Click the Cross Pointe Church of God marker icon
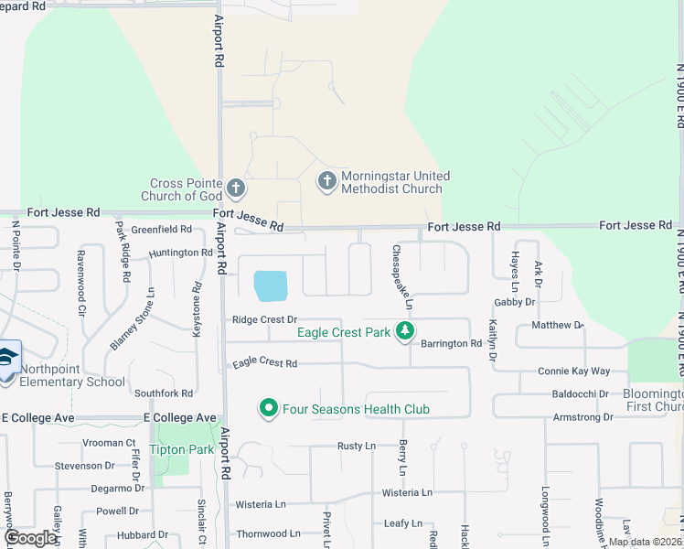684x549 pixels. tap(236, 188)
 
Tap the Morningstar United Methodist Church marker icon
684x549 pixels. tap(326, 181)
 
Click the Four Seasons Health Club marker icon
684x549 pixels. tap(269, 408)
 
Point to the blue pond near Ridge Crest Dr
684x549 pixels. tap(271, 286)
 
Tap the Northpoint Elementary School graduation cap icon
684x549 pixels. tap(8, 358)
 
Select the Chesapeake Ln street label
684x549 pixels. tap(402, 276)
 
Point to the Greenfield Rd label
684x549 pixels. tap(161, 230)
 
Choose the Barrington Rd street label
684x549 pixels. tap(451, 343)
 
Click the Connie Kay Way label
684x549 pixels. tap(573, 371)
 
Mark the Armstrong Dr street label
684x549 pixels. tap(582, 417)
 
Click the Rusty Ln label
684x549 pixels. tap(356, 447)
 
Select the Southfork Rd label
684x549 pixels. tap(163, 393)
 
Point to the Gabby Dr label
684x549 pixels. tap(514, 302)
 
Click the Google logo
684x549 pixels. tap(31, 538)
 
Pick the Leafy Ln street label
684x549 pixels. tap(402, 523)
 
